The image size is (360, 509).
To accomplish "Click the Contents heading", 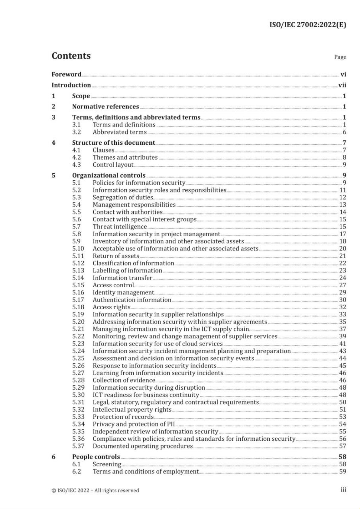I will [71, 56].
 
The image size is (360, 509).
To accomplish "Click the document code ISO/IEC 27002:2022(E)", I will [307, 25].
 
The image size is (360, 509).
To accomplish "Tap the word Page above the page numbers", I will [340, 57].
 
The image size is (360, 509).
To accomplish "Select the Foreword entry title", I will [66, 74].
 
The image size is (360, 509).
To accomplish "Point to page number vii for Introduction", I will [342, 85].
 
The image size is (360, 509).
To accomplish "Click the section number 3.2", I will [76, 132].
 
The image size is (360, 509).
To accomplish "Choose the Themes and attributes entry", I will [125, 157].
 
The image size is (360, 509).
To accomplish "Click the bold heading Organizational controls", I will [109, 176].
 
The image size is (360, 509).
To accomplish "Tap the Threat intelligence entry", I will [119, 227].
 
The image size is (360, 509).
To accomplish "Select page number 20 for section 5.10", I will [342, 249].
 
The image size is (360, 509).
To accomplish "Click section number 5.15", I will [78, 285].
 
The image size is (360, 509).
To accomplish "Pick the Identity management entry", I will [123, 292].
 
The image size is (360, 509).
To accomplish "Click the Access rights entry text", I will [111, 307].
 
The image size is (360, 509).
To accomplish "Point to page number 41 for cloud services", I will [342, 344].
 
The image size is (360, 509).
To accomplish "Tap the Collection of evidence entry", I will [124, 380].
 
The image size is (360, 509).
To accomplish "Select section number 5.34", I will [78, 424].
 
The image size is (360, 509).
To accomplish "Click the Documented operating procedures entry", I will [142, 446].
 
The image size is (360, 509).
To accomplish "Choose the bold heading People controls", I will [96, 457].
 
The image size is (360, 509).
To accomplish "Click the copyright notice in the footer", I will [95, 491].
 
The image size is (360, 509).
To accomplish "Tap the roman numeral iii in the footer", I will [343, 490].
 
